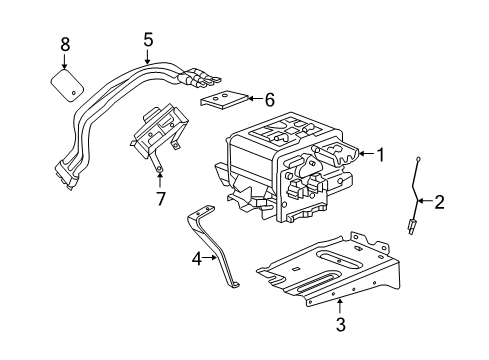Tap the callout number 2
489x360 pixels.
click(438, 203)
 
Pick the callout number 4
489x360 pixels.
click(197, 258)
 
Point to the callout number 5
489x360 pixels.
click(148, 40)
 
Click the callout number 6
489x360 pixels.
click(268, 99)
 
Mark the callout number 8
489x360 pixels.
click(66, 44)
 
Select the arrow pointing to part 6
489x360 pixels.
click(253, 99)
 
